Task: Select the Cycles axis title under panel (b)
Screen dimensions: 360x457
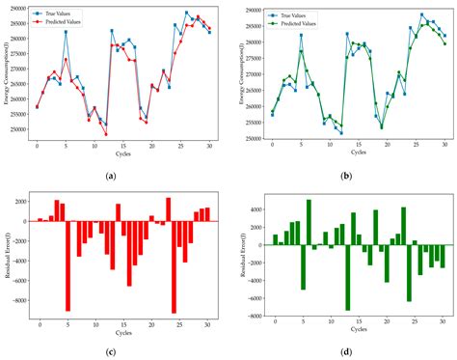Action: click(358, 153)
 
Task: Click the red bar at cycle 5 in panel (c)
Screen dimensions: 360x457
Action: click(67, 265)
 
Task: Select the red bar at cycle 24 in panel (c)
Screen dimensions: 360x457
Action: click(174, 266)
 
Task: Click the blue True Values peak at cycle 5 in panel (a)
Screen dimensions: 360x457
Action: click(66, 32)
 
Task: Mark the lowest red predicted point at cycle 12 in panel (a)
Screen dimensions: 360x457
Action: click(106, 133)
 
